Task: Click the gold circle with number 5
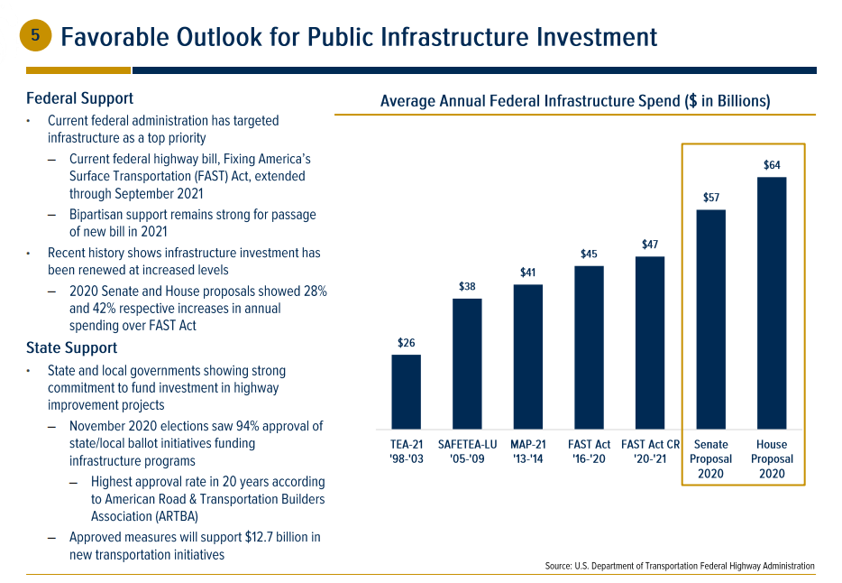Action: coord(35,35)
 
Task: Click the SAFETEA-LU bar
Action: coord(467,363)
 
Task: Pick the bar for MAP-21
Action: coord(528,356)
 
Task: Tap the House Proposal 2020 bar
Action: coord(772,302)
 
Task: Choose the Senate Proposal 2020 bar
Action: coord(711,319)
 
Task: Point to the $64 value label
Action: coord(772,164)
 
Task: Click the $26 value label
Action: coord(406,343)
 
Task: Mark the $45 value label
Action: coord(589,254)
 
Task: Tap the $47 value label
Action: coord(650,245)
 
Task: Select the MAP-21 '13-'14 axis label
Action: coord(528,451)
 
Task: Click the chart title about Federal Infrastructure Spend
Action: coord(574,101)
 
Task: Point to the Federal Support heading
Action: coord(79,98)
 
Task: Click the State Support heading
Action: coord(71,347)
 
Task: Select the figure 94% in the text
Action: coord(243,426)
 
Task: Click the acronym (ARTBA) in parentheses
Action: coord(167,517)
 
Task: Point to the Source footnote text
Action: coord(680,566)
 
